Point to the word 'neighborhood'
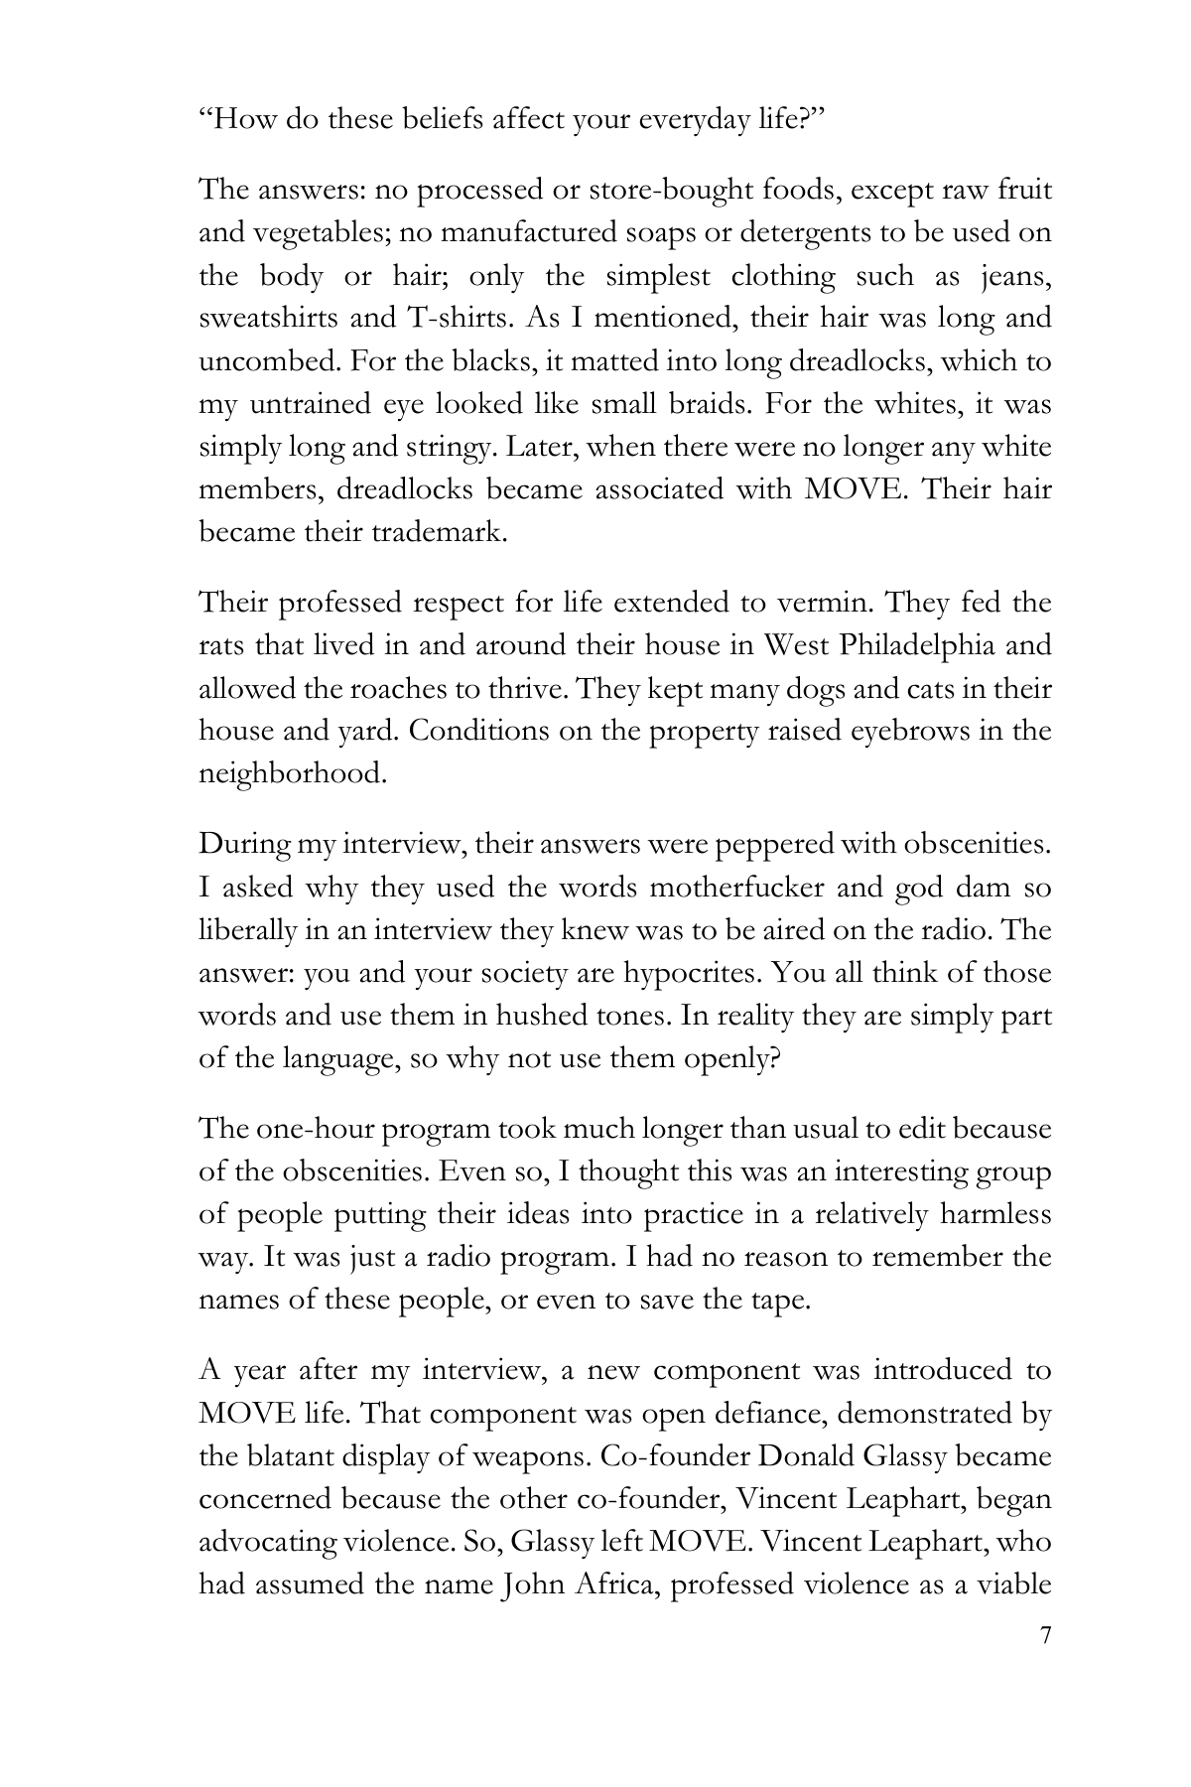click(x=291, y=773)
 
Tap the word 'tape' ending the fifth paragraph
click(x=782, y=1300)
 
